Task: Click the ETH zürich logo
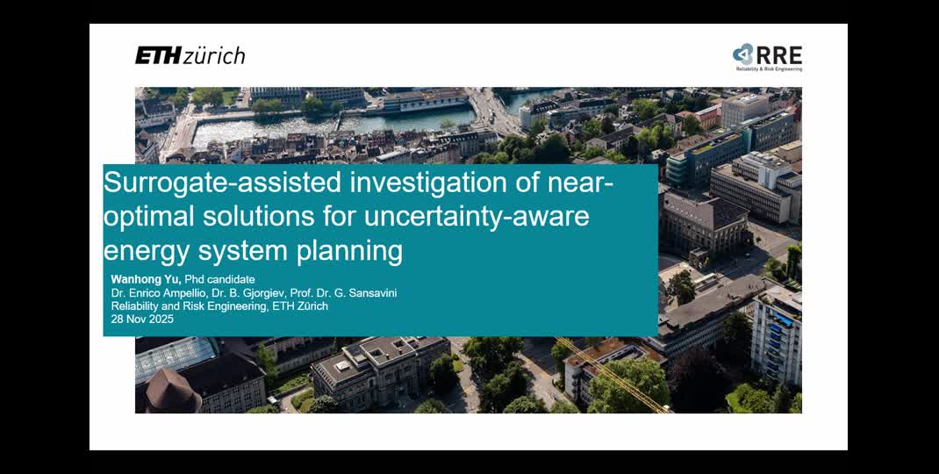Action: tap(190, 56)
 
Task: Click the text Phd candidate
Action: tap(219, 280)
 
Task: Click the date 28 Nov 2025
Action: tap(142, 320)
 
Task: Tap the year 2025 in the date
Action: tap(161, 320)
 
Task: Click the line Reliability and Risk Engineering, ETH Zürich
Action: tap(219, 306)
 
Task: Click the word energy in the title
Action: tap(147, 251)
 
